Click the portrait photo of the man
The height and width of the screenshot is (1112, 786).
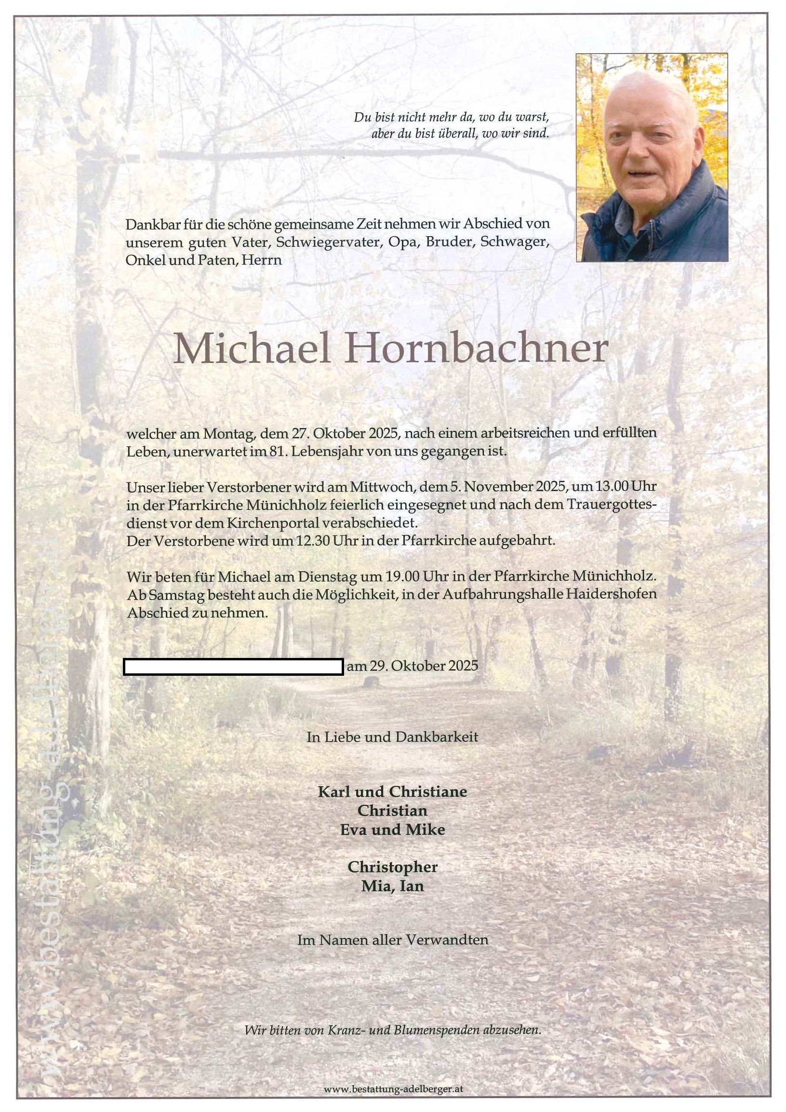(652, 158)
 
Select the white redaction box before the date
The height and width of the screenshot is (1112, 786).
(233, 667)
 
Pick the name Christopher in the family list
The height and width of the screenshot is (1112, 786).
(392, 867)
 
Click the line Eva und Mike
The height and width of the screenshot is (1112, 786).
(392, 829)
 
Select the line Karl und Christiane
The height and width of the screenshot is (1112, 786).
(392, 792)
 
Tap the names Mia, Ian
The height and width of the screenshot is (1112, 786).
(392, 886)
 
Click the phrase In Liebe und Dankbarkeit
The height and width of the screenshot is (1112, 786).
(392, 737)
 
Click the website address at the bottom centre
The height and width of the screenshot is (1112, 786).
(393, 1089)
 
